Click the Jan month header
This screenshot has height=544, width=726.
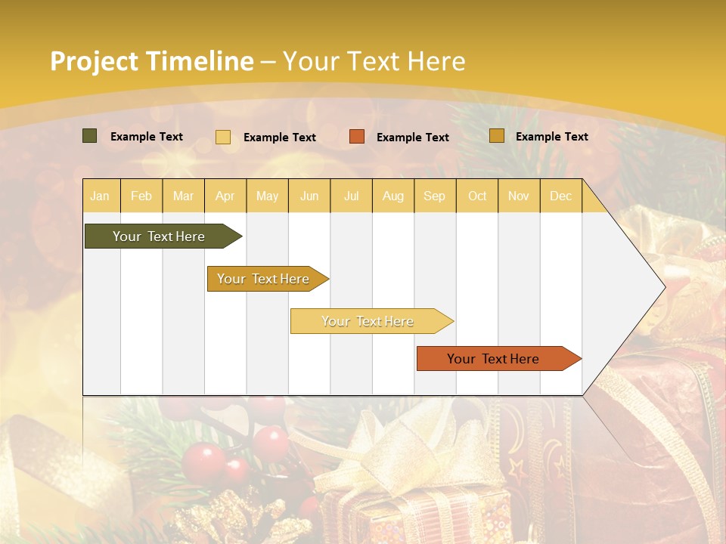[x=100, y=196]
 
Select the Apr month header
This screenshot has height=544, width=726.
[x=225, y=196]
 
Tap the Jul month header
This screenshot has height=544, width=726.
[x=351, y=196]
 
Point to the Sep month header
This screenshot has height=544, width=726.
[x=434, y=196]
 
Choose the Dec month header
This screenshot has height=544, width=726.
[x=560, y=196]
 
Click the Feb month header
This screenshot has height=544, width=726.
[x=141, y=196]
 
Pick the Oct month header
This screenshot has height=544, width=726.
[x=477, y=196]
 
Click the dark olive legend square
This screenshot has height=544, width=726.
[x=89, y=136]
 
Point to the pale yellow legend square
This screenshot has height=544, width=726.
[x=223, y=137]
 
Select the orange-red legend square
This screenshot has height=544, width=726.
[x=357, y=137]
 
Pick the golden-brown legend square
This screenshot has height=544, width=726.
[x=496, y=136]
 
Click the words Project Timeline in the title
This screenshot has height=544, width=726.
[x=151, y=61]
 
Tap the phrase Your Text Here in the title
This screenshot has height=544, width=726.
[x=374, y=61]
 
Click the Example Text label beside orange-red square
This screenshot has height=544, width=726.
[x=412, y=138]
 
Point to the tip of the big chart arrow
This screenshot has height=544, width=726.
[x=663, y=286]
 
